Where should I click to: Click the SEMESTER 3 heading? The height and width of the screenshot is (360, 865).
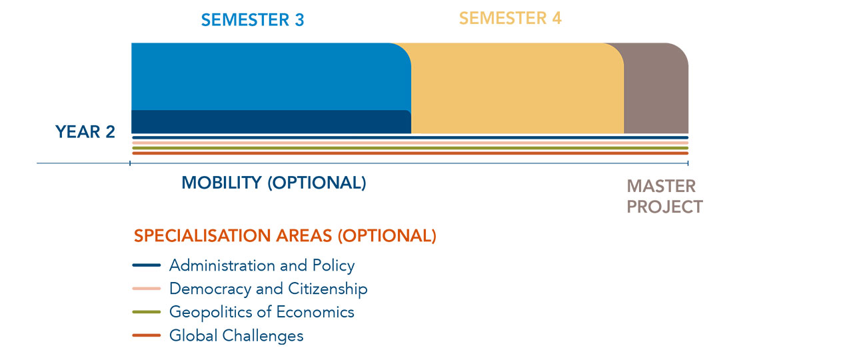pyautogui.click(x=253, y=20)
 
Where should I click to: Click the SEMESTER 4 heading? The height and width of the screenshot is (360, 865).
pyautogui.click(x=510, y=18)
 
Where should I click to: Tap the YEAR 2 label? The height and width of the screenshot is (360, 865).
pyautogui.click(x=85, y=132)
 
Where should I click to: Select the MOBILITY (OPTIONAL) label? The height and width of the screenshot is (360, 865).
pyautogui.click(x=274, y=183)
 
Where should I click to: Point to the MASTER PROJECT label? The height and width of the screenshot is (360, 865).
pyautogui.click(x=664, y=196)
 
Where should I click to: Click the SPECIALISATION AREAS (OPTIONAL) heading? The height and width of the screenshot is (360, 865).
pyautogui.click(x=285, y=235)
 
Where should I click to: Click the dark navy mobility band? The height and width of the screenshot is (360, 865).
pyautogui.click(x=271, y=122)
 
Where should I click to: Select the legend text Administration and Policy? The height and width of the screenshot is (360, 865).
pyautogui.click(x=262, y=265)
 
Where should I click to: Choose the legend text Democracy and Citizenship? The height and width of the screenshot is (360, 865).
pyautogui.click(x=269, y=289)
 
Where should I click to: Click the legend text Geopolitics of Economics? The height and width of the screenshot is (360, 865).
pyautogui.click(x=262, y=312)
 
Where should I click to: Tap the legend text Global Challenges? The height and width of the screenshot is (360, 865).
pyautogui.click(x=237, y=335)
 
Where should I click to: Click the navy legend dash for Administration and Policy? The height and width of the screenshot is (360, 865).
pyautogui.click(x=147, y=265)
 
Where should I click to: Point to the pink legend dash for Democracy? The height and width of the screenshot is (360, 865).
pyautogui.click(x=147, y=289)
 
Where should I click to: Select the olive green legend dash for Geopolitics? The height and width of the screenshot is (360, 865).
pyautogui.click(x=147, y=312)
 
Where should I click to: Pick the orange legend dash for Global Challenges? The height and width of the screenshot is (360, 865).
pyautogui.click(x=147, y=335)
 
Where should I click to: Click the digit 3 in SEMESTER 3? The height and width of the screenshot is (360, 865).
pyautogui.click(x=300, y=20)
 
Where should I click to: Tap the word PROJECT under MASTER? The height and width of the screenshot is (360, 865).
pyautogui.click(x=664, y=207)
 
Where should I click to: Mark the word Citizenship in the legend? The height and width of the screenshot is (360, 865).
pyautogui.click(x=328, y=289)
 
